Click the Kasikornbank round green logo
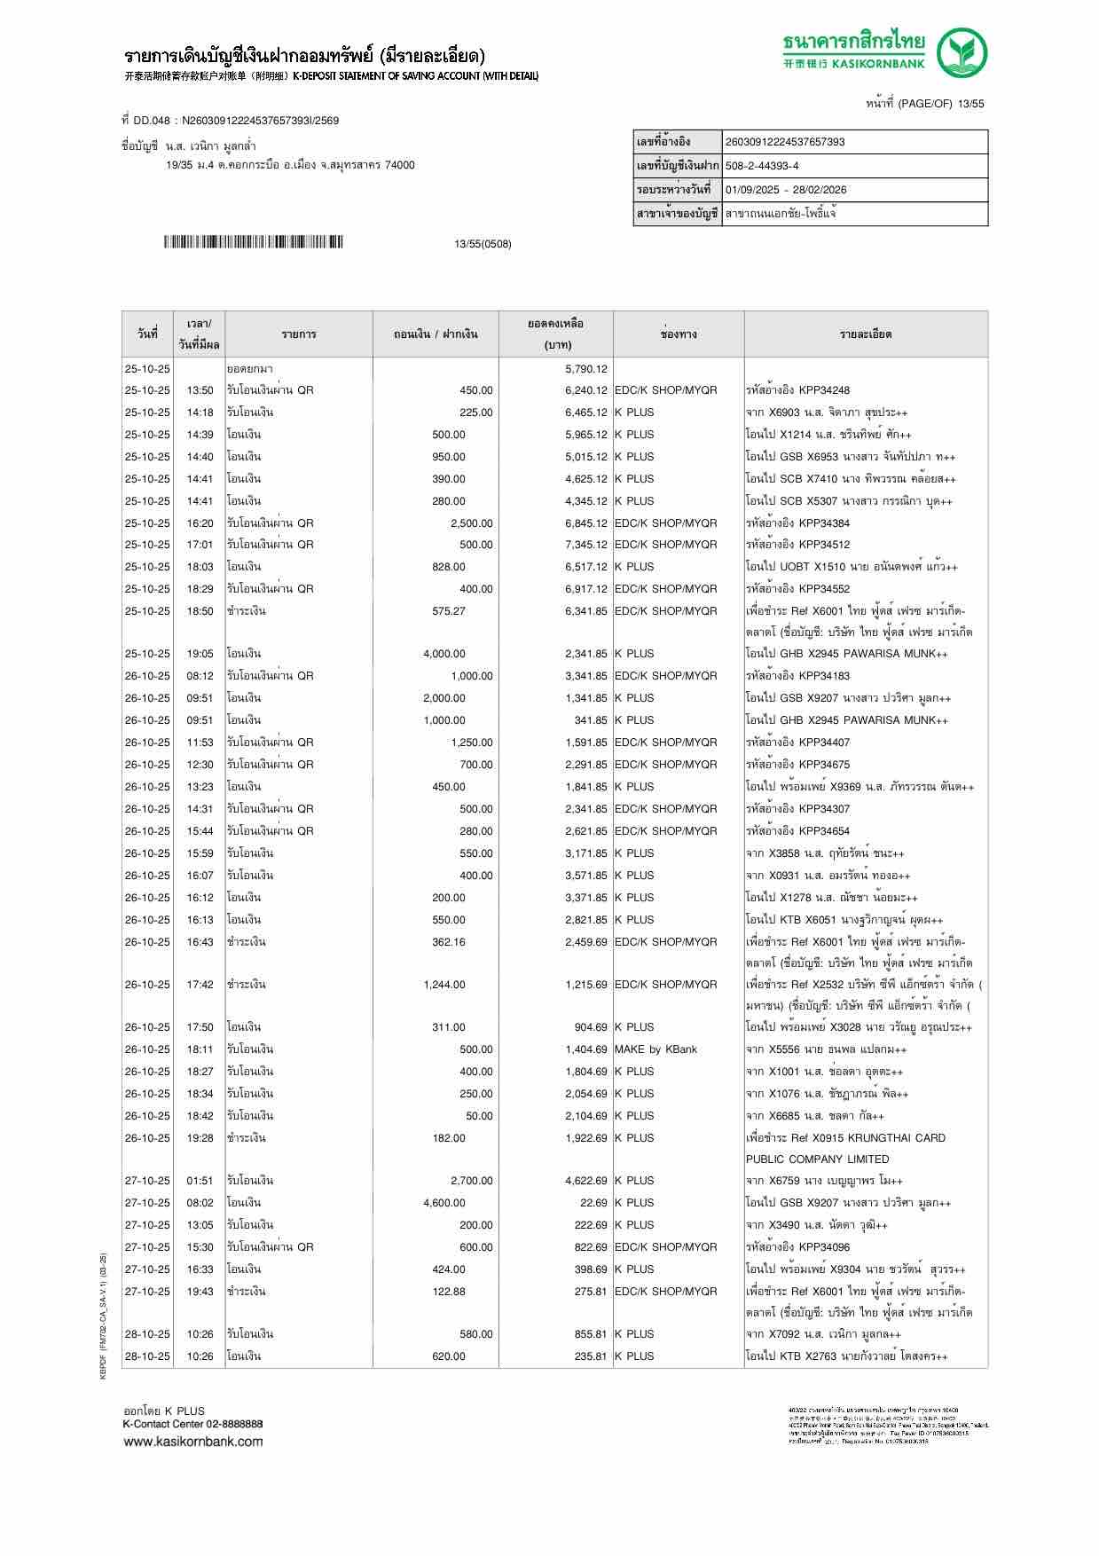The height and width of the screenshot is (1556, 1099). coord(962,52)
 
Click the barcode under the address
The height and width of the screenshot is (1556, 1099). coord(253,242)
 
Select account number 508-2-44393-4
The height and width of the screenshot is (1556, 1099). coord(762,166)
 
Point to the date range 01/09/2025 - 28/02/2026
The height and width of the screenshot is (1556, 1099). coord(786,190)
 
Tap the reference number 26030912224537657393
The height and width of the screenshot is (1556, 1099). coord(785,142)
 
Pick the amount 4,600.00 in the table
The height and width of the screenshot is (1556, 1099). coord(444,1203)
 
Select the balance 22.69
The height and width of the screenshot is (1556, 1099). coord(593,1203)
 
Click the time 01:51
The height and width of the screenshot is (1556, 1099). coord(200,1181)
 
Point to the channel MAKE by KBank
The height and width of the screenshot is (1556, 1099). coord(655,1049)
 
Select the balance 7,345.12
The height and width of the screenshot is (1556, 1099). coord(585,545)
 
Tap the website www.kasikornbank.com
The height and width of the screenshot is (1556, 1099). coord(193,1441)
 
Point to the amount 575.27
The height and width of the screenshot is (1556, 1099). coord(448,611)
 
